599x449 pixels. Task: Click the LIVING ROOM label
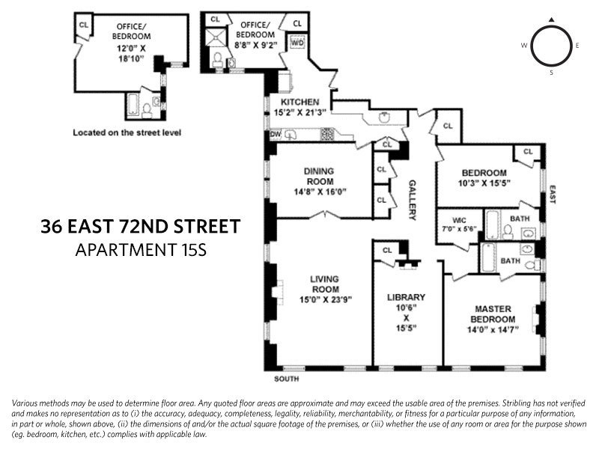(325, 284)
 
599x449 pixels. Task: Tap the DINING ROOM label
(318, 176)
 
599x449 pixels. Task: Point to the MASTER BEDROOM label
(492, 314)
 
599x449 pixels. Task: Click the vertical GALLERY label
(412, 200)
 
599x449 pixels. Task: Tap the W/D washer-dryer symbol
(296, 43)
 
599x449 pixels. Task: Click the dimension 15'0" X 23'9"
(325, 299)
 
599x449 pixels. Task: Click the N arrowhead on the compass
(551, 20)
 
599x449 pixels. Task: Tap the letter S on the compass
(551, 73)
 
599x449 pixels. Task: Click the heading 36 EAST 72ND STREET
(141, 225)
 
